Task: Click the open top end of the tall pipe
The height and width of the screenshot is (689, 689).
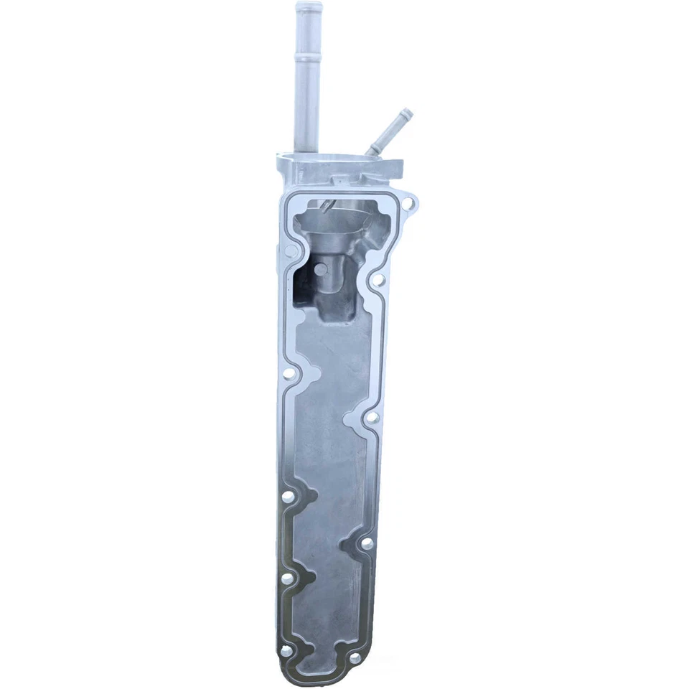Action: [309, 6]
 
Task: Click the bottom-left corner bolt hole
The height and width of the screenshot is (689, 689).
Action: [286, 650]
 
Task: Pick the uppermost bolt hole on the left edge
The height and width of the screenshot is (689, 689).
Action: [291, 253]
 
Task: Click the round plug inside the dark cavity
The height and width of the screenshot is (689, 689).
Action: [319, 269]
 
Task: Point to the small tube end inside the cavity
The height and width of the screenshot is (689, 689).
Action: [327, 207]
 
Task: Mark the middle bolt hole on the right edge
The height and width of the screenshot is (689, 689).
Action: [372, 417]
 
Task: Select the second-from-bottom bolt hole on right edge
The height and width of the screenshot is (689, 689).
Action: [366, 544]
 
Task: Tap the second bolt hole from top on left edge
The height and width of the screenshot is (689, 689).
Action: [290, 374]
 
